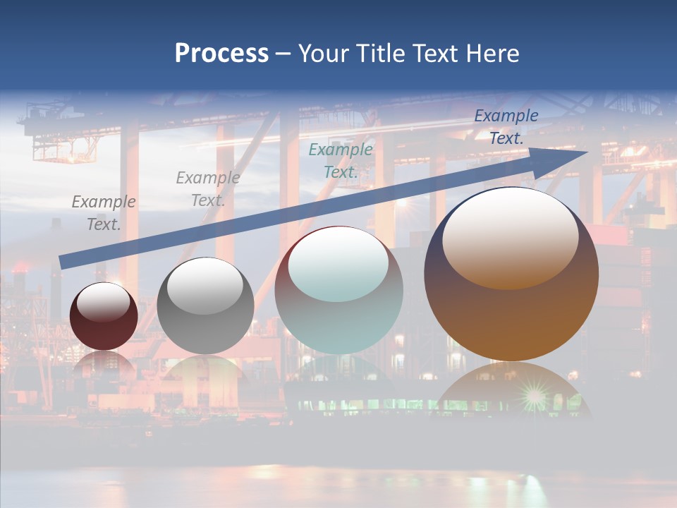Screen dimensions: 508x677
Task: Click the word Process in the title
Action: (221, 54)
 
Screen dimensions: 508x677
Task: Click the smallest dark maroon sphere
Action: (104, 316)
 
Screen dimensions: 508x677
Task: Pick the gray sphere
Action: (205, 306)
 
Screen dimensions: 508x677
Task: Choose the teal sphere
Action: (338, 291)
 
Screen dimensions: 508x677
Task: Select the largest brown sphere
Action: (511, 274)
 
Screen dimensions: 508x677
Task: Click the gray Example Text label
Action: (207, 189)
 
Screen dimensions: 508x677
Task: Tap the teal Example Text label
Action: (341, 160)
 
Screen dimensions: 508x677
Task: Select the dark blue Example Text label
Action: (506, 127)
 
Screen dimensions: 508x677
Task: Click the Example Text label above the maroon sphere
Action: (104, 213)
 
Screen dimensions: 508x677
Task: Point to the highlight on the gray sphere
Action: (205, 286)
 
